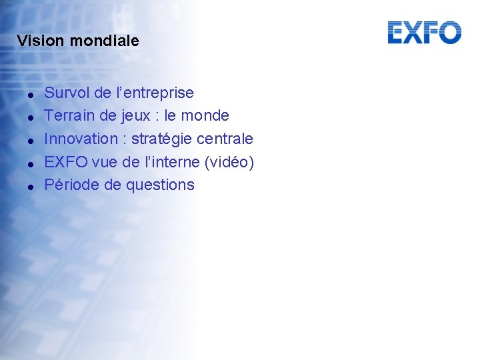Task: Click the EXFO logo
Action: tap(424, 33)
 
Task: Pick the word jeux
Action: tap(137, 117)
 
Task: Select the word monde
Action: tap(205, 116)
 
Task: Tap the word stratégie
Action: tap(160, 139)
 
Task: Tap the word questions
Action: tap(160, 185)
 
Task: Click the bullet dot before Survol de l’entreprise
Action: tap(31, 94)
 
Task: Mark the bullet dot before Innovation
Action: tap(31, 141)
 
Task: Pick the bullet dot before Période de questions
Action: tap(31, 187)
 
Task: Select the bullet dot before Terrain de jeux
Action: tap(31, 117)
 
